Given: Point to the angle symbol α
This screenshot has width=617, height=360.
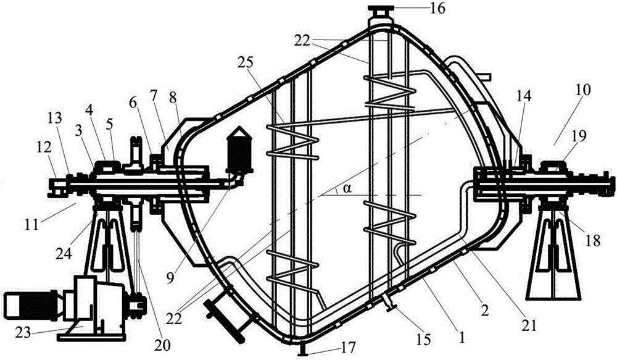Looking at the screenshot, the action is pyautogui.click(x=346, y=189).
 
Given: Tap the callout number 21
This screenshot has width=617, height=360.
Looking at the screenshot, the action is pyautogui.click(x=528, y=325).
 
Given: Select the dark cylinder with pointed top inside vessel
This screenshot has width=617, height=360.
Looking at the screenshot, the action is pyautogui.click(x=239, y=149).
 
